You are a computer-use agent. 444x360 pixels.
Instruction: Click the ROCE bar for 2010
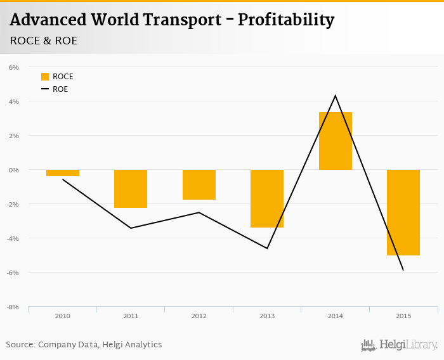(63, 173)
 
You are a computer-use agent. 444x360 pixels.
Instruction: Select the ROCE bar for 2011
(131, 189)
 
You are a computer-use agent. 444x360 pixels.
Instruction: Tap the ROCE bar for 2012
(199, 184)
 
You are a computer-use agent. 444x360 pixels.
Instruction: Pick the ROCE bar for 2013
(267, 198)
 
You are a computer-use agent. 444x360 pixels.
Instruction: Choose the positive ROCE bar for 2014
(336, 141)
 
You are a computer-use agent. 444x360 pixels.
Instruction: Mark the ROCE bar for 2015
(403, 212)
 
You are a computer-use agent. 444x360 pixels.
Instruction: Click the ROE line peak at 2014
(336, 96)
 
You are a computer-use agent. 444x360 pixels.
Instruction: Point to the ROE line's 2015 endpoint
(403, 270)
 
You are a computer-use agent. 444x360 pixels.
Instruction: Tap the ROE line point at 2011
(131, 228)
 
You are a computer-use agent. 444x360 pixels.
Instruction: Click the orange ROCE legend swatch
(45, 77)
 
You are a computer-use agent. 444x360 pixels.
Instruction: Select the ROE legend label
(60, 89)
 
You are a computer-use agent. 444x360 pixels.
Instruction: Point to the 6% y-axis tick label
(14, 67)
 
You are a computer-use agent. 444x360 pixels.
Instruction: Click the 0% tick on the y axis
(14, 170)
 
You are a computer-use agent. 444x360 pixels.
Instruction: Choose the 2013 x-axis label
(267, 316)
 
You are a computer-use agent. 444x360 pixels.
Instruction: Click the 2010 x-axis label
(63, 316)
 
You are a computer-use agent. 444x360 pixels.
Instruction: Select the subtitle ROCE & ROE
(44, 41)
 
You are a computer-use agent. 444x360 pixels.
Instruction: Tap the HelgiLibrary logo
(400, 345)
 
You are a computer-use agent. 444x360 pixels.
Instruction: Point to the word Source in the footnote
(20, 345)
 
